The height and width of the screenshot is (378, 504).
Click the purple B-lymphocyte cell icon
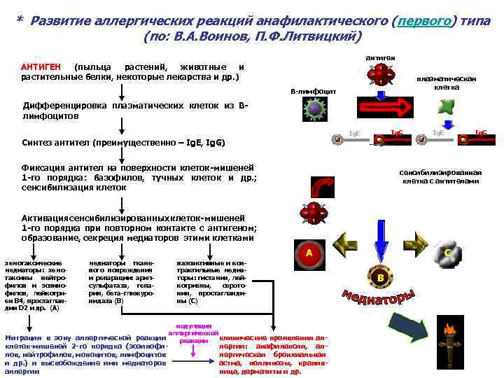click(314, 108)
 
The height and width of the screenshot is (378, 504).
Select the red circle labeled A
click(309, 253)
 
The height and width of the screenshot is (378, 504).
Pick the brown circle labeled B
click(380, 278)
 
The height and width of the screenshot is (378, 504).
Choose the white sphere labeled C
click(446, 254)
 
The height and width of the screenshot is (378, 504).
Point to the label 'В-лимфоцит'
click(313, 92)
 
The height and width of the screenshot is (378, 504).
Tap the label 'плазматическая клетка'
click(447, 83)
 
